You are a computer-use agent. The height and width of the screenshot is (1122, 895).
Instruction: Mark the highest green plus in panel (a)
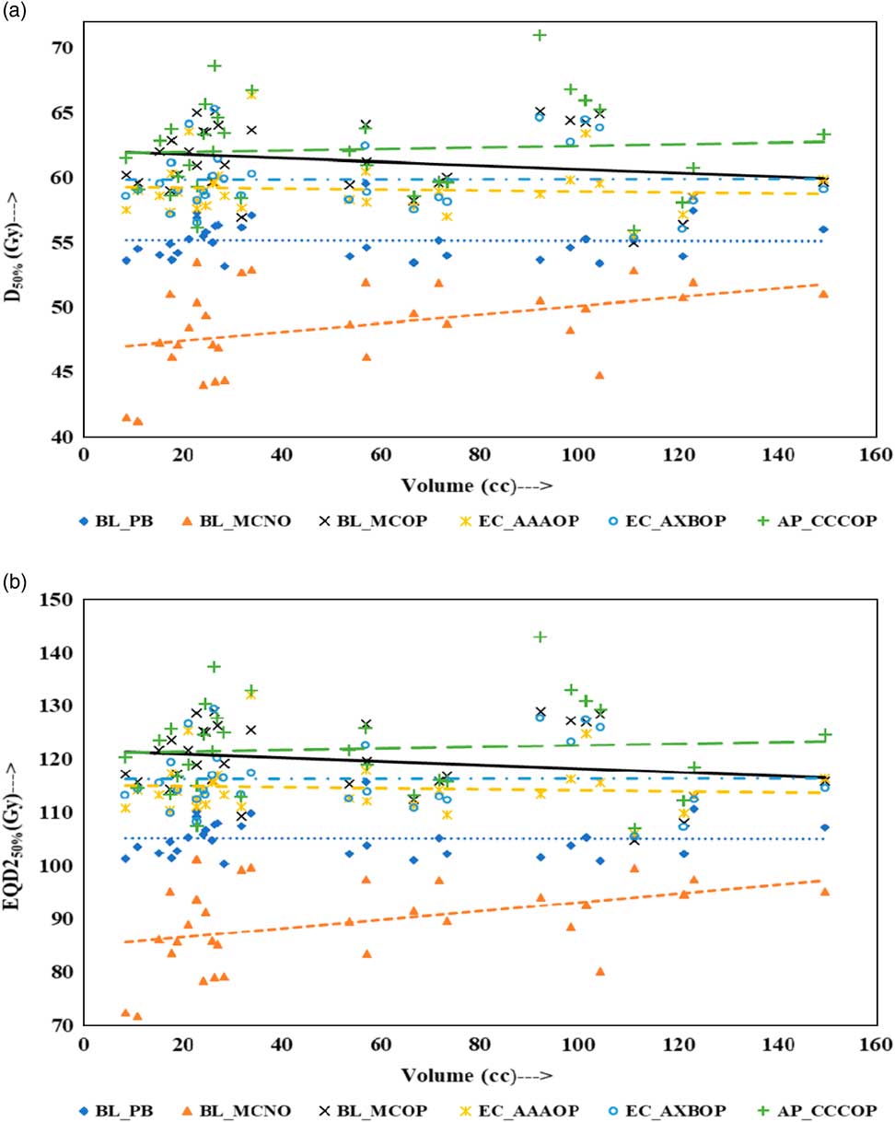[540, 35]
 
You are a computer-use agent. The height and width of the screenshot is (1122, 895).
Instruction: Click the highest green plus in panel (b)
[540, 637]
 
